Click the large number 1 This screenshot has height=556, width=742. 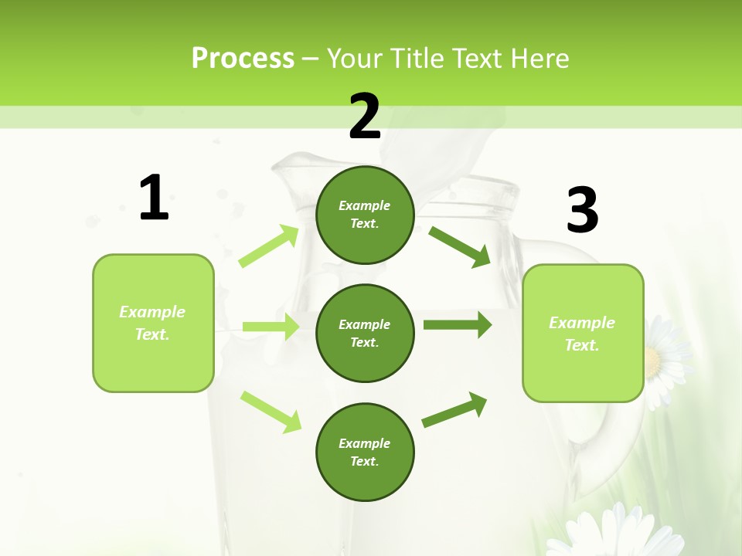(x=154, y=198)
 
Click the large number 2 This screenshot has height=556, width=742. (x=365, y=117)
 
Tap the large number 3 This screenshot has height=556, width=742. (x=582, y=210)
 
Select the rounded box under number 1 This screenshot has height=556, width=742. (x=153, y=323)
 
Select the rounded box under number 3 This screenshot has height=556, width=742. (x=583, y=333)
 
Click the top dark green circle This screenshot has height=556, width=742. (x=365, y=215)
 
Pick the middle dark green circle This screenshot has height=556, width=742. (x=365, y=333)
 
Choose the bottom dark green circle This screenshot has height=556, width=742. (x=365, y=452)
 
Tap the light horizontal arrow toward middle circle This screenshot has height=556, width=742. (x=271, y=327)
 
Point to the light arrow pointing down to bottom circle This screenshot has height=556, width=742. (x=271, y=412)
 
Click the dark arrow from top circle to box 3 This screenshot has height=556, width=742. (x=459, y=246)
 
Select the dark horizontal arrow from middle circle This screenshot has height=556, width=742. (x=457, y=325)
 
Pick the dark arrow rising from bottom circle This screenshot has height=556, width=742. (x=454, y=410)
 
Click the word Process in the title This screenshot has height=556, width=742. (x=243, y=58)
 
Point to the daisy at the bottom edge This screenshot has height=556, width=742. (x=618, y=533)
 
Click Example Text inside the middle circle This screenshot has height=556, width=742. (x=365, y=333)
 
